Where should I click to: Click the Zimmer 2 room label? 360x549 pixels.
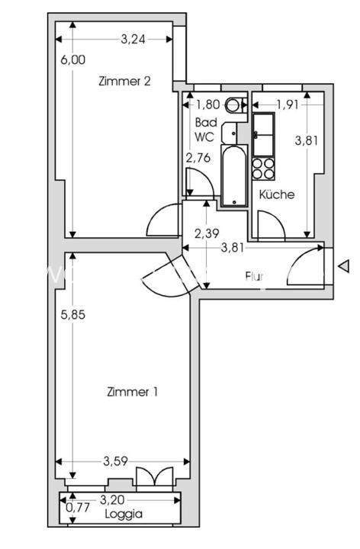pyautogui.click(x=124, y=82)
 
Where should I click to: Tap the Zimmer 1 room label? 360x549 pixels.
pyautogui.click(x=132, y=392)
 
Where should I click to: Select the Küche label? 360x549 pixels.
pyautogui.click(x=276, y=194)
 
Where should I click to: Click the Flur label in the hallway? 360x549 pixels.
pyautogui.click(x=255, y=276)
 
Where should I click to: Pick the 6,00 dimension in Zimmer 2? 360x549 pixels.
pyautogui.click(x=73, y=59)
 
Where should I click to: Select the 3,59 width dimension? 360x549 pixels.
pyautogui.click(x=115, y=461)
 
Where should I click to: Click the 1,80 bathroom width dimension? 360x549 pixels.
pyautogui.click(x=208, y=105)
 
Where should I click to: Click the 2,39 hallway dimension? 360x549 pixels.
pyautogui.click(x=206, y=233)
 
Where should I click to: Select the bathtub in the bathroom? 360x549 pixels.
pyautogui.click(x=233, y=175)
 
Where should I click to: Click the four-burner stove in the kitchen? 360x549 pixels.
pyautogui.click(x=264, y=168)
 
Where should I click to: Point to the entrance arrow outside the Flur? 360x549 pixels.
pyautogui.click(x=344, y=266)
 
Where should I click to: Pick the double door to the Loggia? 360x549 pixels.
pyautogui.click(x=148, y=476)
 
